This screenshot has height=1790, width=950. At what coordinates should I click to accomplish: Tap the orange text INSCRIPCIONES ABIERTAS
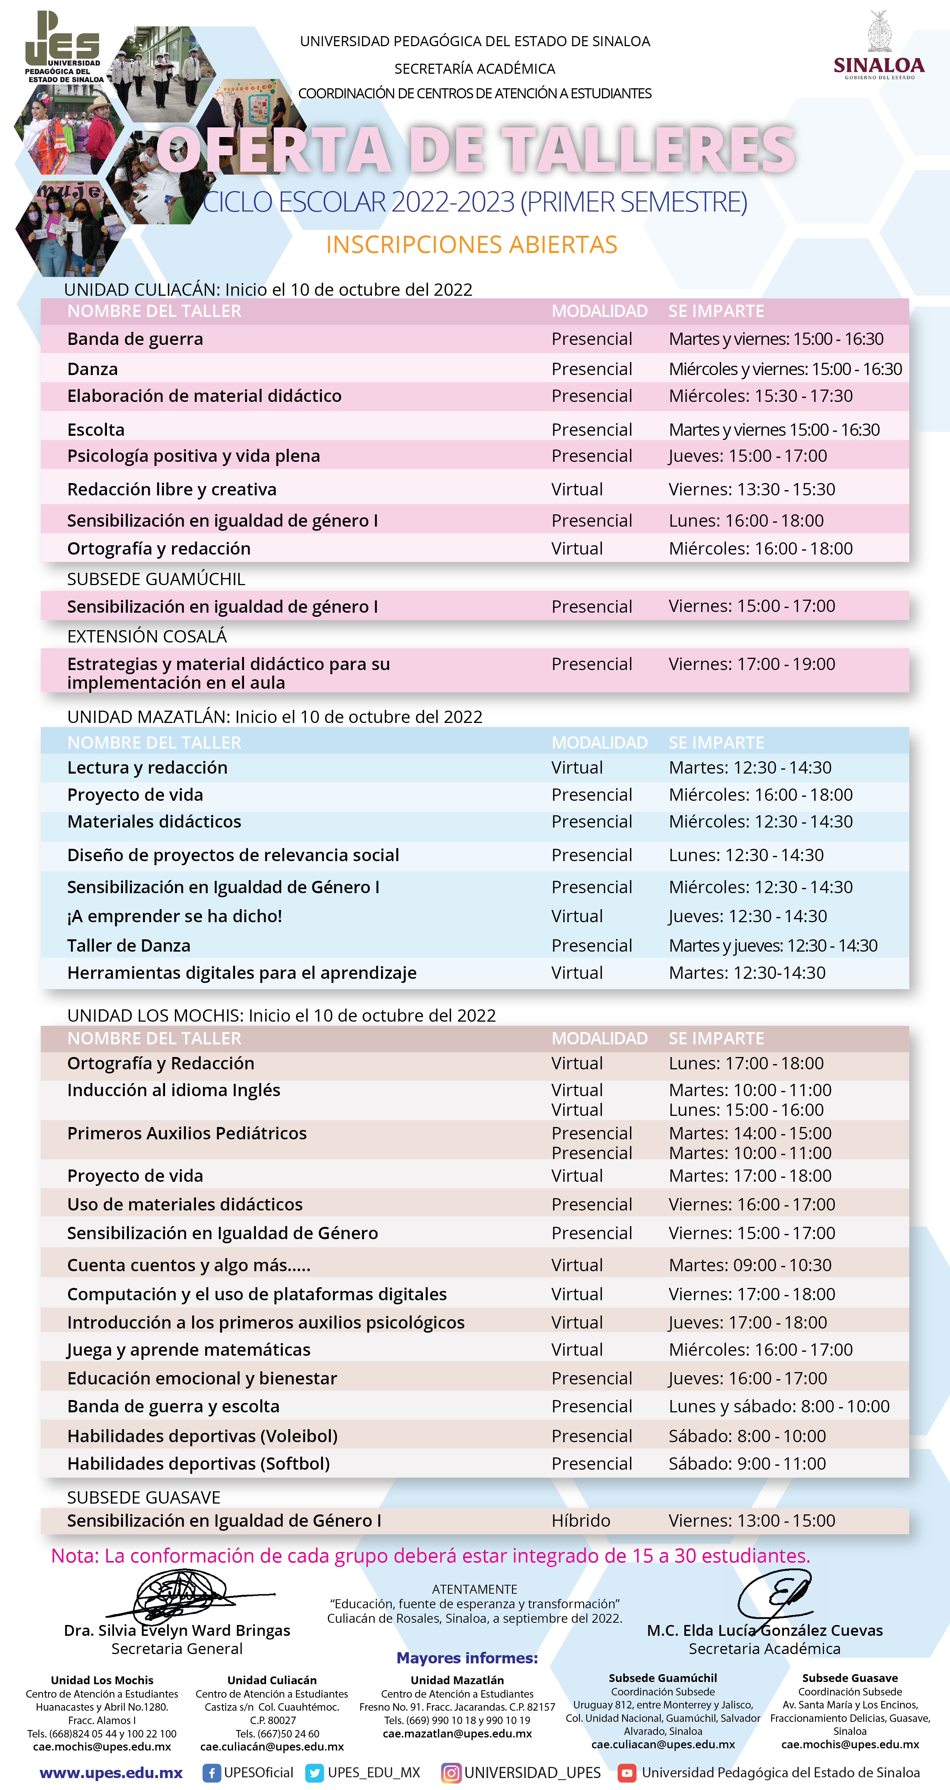[x=471, y=245]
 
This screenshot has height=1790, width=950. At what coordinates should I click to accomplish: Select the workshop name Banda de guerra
[x=135, y=339]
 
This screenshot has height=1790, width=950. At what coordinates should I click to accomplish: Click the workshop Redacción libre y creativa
[x=172, y=489]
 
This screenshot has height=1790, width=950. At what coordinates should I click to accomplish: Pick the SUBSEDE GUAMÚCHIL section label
[x=156, y=579]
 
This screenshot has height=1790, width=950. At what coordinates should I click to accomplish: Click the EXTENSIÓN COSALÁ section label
[x=147, y=636]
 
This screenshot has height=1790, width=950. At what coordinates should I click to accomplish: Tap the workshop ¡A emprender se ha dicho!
[x=174, y=916]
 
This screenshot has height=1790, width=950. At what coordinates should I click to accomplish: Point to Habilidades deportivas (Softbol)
[x=198, y=1463]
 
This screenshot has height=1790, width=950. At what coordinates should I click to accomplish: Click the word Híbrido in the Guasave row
[x=580, y=1520]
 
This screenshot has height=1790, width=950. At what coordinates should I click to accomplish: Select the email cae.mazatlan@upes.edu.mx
[x=457, y=1733]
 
